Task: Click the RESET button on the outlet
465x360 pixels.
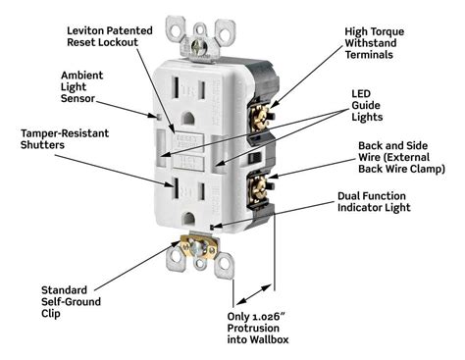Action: tap(188, 141)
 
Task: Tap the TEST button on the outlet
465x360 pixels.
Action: tap(188, 162)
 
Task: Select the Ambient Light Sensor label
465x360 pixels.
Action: tap(81, 87)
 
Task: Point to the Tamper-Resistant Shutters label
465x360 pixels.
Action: tap(65, 139)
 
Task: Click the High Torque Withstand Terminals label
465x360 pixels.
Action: tap(375, 43)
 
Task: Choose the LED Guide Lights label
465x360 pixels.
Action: tap(367, 106)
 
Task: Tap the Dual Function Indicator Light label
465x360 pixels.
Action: tap(374, 202)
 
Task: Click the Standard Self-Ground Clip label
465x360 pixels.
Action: tap(71, 302)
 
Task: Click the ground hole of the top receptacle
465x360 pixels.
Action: tap(188, 119)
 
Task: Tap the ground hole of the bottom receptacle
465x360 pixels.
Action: tap(188, 219)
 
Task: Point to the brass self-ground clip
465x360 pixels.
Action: tap(198, 246)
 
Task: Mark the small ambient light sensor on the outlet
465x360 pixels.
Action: tap(159, 117)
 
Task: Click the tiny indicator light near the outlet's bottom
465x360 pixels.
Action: tap(212, 227)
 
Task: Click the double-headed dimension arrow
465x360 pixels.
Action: tap(254, 294)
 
